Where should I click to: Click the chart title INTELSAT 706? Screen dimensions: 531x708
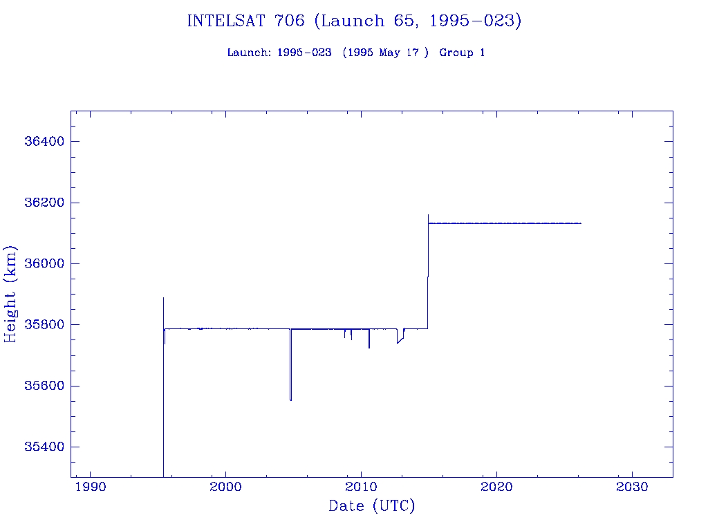[354, 21]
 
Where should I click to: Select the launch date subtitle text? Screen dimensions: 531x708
[355, 53]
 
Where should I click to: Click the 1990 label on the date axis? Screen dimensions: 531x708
[90, 487]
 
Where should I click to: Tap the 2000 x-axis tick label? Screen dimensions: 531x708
[225, 487]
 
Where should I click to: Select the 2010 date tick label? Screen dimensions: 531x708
[361, 487]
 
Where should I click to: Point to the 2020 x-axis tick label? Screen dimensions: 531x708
[496, 487]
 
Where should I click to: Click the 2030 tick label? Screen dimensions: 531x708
[632, 487]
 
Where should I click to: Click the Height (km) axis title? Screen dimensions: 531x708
[10, 294]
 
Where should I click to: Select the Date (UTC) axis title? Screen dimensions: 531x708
[371, 506]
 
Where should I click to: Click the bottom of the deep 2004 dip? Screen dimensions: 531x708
[290, 400]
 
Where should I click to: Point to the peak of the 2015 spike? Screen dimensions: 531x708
[428, 215]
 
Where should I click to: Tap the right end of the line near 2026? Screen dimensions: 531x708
[581, 223]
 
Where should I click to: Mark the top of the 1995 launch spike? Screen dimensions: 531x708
[163, 298]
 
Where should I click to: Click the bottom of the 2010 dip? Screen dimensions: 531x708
[369, 348]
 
